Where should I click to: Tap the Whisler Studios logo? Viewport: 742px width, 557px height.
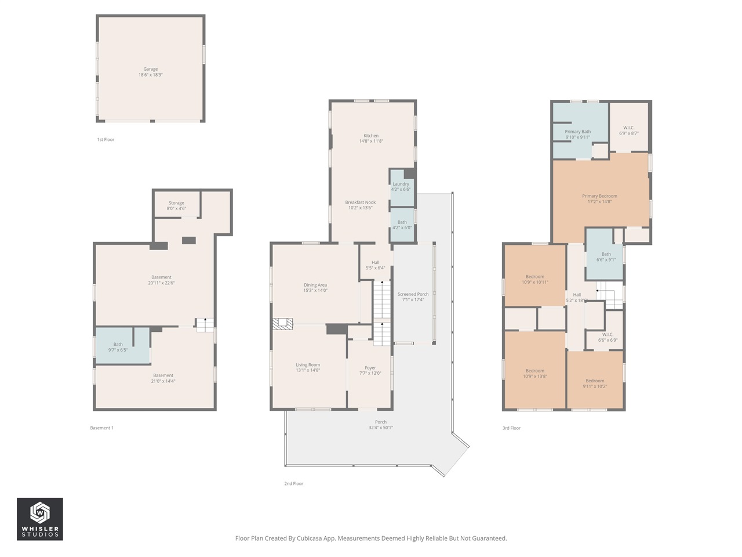39,519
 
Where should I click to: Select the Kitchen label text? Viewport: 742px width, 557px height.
371,136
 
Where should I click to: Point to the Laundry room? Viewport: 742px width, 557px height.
401,187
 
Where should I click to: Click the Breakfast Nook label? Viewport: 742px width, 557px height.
360,202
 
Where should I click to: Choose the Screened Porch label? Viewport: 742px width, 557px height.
413,294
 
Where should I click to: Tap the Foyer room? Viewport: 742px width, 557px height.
370,371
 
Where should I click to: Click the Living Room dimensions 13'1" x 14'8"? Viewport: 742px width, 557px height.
307,370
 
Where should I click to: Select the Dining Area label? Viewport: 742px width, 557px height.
315,285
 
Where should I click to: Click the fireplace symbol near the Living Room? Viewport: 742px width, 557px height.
283,324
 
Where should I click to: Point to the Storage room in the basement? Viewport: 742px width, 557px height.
176,206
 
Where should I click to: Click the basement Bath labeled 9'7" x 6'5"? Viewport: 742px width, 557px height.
118,347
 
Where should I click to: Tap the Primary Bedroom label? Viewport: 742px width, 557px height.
599,196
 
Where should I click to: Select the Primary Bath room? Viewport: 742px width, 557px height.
577,134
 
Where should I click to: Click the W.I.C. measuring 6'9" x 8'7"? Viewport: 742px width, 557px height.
628,131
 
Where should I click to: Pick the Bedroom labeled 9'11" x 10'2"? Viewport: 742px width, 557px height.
595,384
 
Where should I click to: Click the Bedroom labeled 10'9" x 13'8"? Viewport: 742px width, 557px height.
534,373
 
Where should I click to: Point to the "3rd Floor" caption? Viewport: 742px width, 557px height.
511,428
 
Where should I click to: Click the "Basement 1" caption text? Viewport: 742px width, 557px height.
101,428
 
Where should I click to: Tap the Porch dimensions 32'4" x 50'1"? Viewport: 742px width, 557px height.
380,428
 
